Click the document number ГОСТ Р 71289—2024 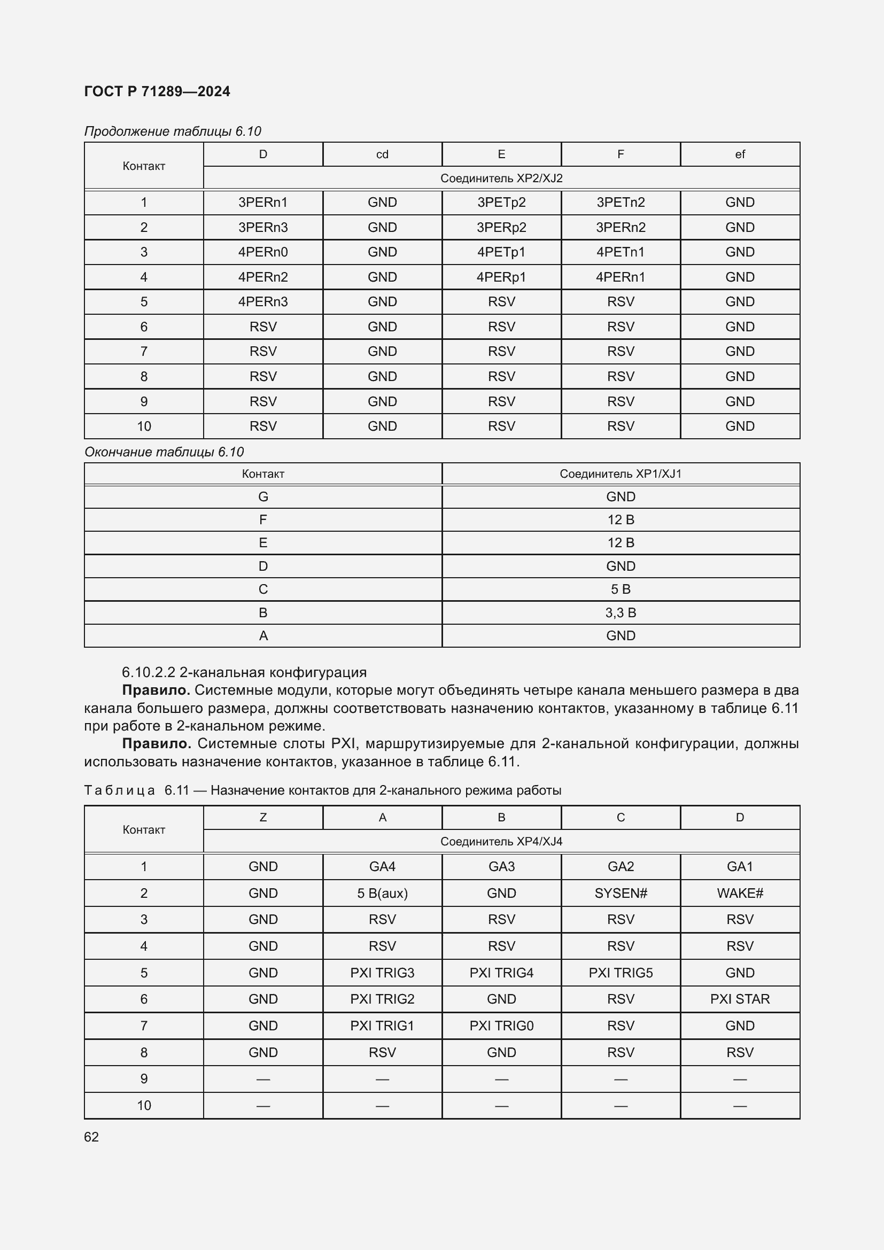click(x=157, y=91)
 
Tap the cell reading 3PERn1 click(x=263, y=203)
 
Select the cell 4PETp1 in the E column click(x=501, y=252)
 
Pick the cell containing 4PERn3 click(x=263, y=301)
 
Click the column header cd click(x=382, y=154)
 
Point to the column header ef click(x=740, y=154)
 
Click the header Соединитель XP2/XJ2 click(x=501, y=178)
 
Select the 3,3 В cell click(x=621, y=612)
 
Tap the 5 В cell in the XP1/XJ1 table click(x=621, y=589)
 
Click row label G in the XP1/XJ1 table click(x=263, y=496)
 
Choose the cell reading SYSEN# click(x=621, y=893)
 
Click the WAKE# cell click(x=740, y=893)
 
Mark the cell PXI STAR click(x=740, y=999)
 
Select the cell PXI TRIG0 click(x=501, y=1026)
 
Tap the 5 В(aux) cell click(x=382, y=893)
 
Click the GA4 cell click(x=382, y=866)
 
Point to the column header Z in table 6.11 click(x=263, y=817)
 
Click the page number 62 click(x=91, y=1137)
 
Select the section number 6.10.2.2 click(x=149, y=672)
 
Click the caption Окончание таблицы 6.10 click(x=164, y=452)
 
